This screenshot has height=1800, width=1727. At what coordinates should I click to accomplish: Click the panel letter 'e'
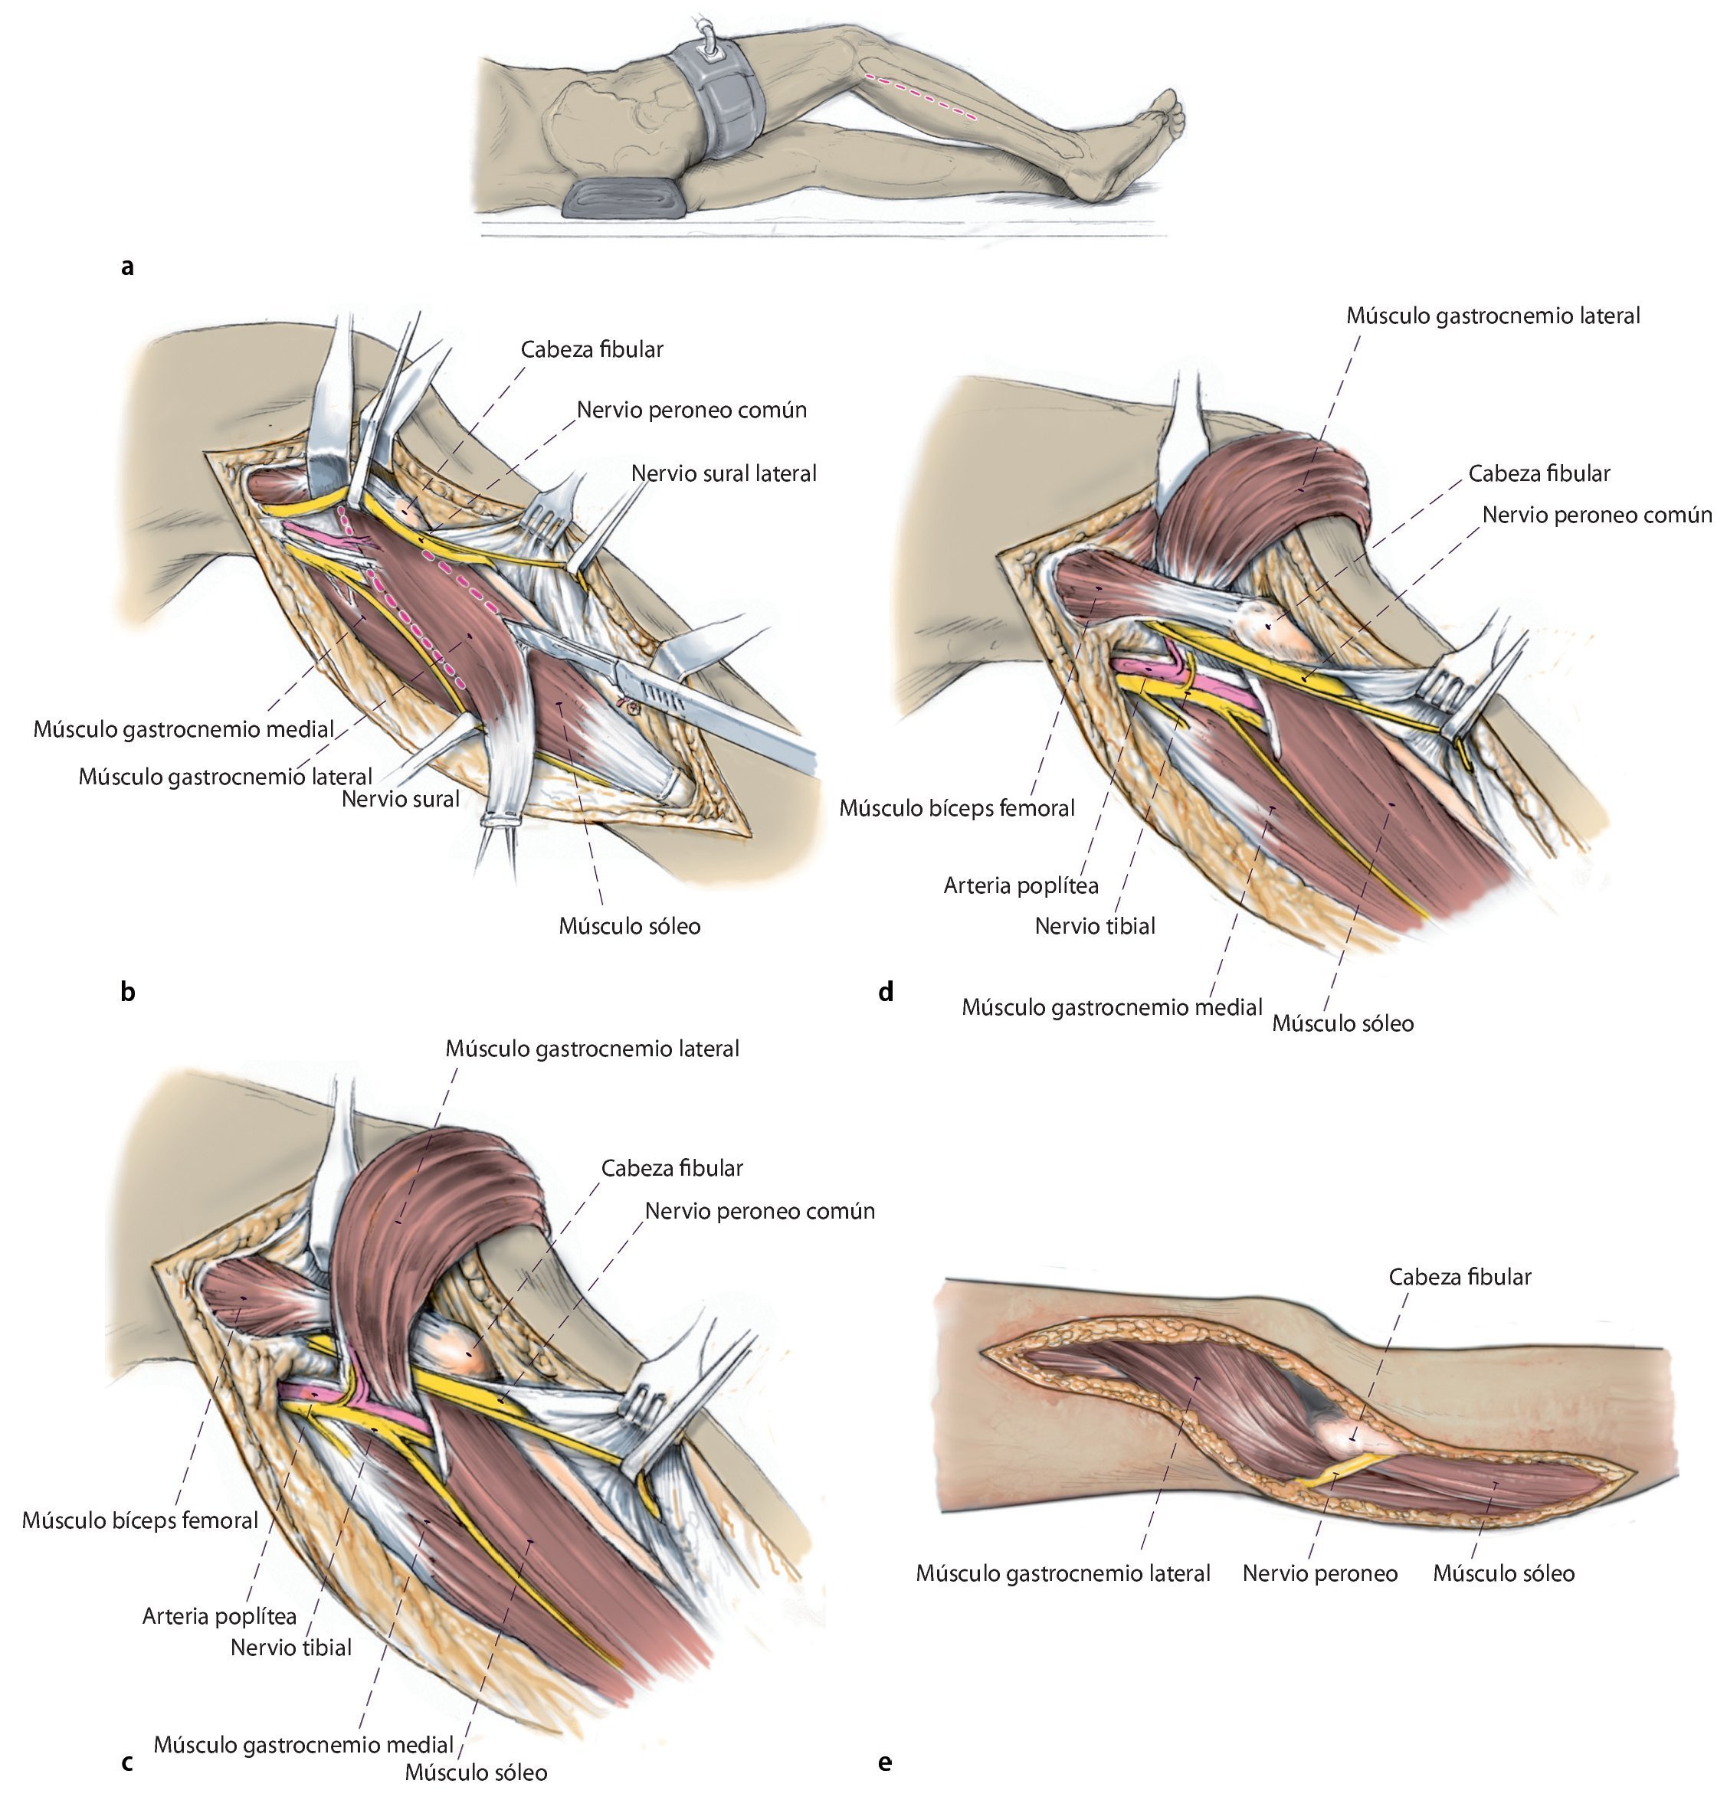pos(885,1762)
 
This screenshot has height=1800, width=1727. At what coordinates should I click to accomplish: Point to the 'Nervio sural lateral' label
pos(723,474)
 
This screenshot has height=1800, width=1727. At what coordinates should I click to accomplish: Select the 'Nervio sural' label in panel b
pos(400,799)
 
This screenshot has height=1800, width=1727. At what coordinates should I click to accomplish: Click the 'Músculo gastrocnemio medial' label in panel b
pos(184,729)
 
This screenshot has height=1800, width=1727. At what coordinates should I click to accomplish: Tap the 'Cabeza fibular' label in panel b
pos(592,350)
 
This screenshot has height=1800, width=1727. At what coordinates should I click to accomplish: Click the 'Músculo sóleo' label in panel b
pos(629,926)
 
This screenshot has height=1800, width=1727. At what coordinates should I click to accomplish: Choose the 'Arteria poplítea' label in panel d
pos(1021,886)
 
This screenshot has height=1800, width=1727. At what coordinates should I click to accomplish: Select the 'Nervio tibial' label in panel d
pos(1094,927)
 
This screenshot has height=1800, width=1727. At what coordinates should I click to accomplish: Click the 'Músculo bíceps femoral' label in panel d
pos(956,809)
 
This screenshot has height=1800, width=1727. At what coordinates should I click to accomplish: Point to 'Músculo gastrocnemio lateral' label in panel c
pos(592,1049)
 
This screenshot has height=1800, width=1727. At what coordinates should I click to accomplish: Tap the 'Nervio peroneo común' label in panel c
pos(760,1211)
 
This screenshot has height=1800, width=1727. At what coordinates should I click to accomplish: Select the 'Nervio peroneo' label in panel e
pos(1319,1573)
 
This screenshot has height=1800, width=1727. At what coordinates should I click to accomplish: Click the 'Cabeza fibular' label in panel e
pos(1459,1278)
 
